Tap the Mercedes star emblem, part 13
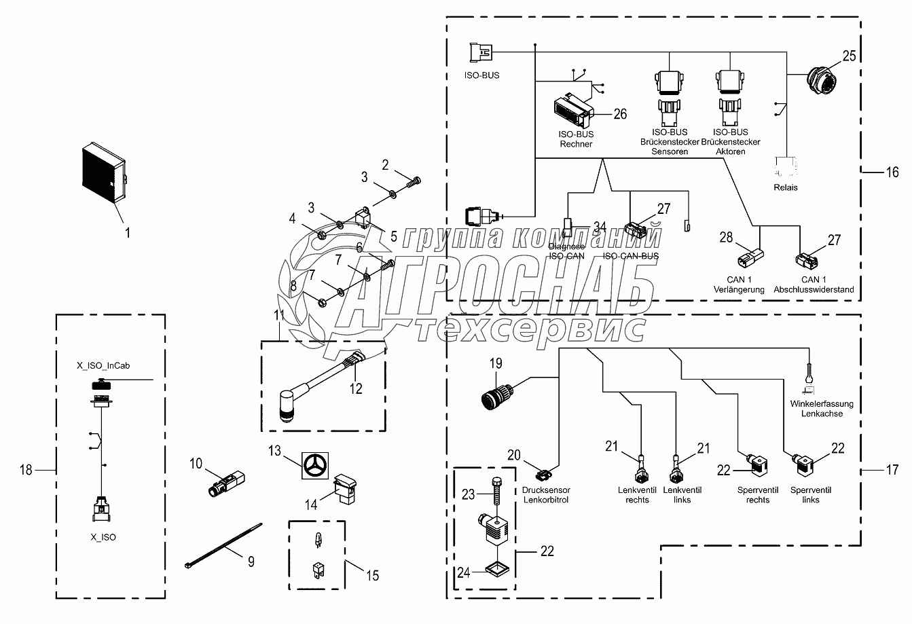point(315,466)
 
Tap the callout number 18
point(26,470)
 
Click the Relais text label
point(786,187)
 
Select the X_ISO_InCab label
point(103,365)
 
